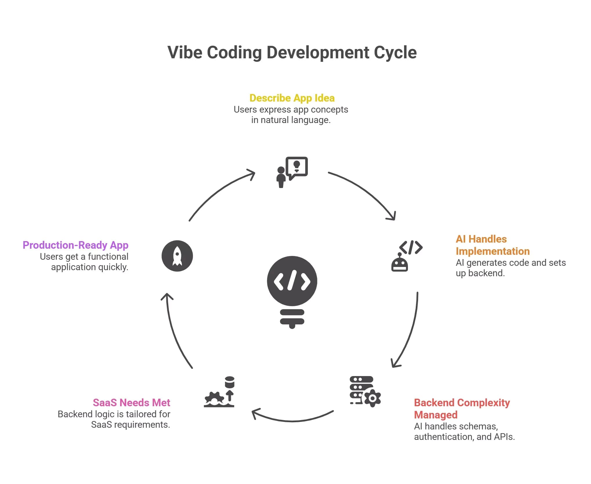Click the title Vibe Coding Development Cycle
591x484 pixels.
[x=292, y=53]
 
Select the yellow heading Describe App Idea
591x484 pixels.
[x=292, y=98]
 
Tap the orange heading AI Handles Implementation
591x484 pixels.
[x=492, y=245]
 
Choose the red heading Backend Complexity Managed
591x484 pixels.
[x=462, y=409]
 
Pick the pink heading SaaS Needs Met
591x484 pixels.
[x=131, y=402]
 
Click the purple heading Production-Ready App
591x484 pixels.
[x=75, y=245]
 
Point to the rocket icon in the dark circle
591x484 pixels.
[x=177, y=256]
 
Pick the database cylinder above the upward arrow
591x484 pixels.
[x=229, y=382]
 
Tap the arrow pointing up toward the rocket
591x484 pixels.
[x=174, y=331]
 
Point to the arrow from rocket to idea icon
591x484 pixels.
[x=218, y=192]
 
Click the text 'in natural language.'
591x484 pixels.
[x=291, y=120]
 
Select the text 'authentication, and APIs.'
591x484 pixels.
[x=464, y=437]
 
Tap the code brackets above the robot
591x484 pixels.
[x=411, y=247]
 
